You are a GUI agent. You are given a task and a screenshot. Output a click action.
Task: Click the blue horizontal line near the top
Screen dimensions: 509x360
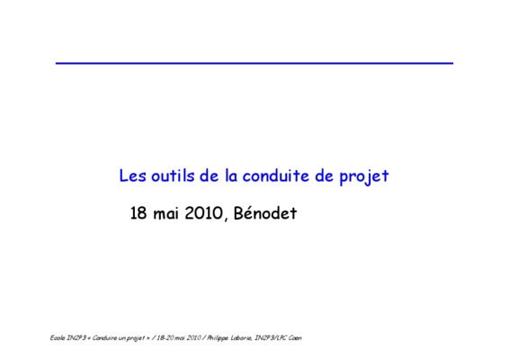(254, 63)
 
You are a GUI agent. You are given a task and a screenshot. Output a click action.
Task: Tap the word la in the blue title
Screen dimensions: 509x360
(231, 175)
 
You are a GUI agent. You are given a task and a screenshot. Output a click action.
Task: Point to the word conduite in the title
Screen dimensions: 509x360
(276, 175)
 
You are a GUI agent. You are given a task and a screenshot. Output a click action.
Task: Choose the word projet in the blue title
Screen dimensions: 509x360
(364, 177)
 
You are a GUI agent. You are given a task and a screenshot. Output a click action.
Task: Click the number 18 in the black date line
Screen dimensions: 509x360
(138, 213)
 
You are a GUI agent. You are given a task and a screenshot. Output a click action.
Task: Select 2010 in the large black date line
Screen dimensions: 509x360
(203, 213)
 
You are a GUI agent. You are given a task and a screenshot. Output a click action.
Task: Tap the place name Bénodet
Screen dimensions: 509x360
(265, 213)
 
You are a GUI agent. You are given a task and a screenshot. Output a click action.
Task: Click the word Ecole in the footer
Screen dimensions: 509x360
(58, 337)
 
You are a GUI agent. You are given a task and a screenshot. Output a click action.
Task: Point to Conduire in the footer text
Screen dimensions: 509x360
(104, 337)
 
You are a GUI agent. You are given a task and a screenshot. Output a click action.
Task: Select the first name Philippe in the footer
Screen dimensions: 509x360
(218, 338)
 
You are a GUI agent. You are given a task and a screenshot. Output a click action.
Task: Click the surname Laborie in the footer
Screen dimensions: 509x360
(242, 337)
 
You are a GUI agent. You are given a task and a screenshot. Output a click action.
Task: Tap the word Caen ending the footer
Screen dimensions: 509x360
(295, 337)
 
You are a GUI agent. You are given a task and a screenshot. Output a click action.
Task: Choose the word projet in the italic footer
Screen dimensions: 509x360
(136, 338)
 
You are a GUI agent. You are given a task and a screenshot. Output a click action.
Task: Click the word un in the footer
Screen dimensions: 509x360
(121, 338)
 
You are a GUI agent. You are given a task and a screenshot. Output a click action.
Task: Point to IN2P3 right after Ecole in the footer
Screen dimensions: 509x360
(76, 337)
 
